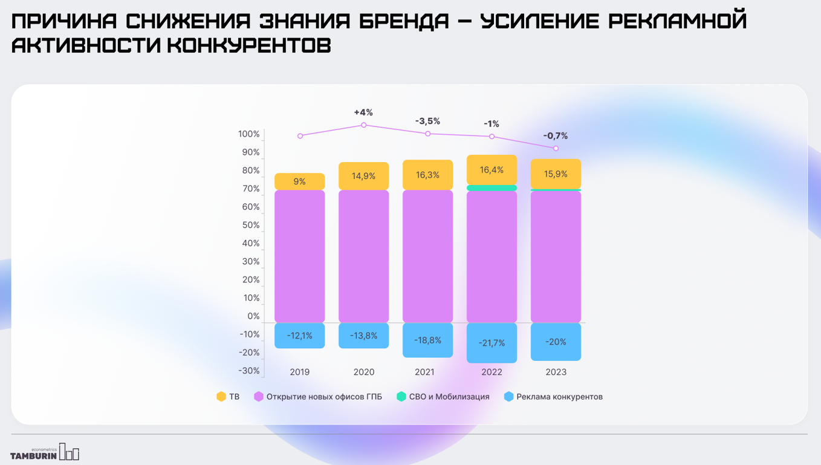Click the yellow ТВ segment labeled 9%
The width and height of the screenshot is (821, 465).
point(299,181)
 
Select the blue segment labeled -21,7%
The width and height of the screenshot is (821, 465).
point(492,343)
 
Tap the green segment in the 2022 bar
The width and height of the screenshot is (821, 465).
point(492,188)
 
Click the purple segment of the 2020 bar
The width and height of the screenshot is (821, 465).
point(363,256)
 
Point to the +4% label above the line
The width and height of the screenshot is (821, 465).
point(363,112)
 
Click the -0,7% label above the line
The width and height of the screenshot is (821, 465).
point(555,136)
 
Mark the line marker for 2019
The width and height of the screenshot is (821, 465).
point(300,136)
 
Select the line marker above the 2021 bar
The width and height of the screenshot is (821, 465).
point(428,134)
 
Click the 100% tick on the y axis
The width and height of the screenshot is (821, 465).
point(248,134)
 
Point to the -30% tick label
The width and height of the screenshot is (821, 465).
point(248,371)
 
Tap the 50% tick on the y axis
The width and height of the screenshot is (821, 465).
point(250,225)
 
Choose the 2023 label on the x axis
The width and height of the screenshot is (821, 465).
point(556,372)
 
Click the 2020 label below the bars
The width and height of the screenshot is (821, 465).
point(363,372)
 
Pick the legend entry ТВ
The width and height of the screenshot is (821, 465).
point(228,397)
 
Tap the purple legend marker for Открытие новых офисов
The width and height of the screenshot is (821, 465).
point(259,397)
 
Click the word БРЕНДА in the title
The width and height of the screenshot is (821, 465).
point(404,21)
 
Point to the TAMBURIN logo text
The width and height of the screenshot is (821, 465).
point(34,455)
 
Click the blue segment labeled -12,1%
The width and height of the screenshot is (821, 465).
point(299,336)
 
